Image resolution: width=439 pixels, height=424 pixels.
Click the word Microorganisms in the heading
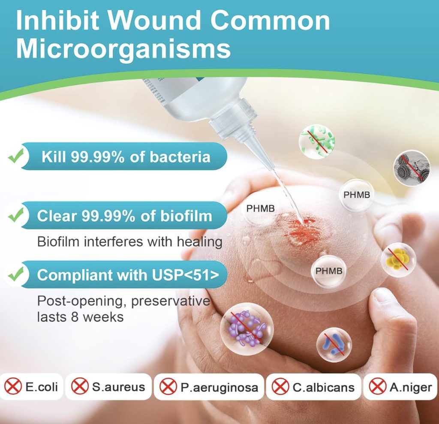click(123, 49)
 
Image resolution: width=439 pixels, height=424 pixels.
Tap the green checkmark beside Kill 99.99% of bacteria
click(16, 156)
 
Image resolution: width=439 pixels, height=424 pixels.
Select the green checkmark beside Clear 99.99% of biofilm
click(16, 215)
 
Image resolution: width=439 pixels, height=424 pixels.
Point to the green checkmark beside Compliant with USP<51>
click(16, 274)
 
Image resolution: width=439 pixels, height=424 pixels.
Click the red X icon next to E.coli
click(13, 386)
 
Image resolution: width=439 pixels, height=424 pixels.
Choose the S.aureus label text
click(118, 387)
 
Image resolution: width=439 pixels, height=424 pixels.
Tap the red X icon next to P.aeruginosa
click(168, 386)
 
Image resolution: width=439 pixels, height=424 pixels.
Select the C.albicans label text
click(323, 388)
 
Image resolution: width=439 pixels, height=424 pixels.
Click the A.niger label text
click(410, 388)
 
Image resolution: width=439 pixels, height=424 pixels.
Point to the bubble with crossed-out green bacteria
click(317, 142)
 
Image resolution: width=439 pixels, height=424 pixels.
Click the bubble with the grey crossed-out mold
click(411, 168)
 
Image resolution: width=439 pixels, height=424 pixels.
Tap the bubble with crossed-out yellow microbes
click(398, 260)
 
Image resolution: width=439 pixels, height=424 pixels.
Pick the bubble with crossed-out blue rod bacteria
click(334, 345)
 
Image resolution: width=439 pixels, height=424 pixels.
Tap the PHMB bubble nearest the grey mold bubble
click(356, 195)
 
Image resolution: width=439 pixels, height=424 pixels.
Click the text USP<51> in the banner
click(186, 275)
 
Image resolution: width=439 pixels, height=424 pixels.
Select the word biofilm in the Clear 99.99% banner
click(186, 216)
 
